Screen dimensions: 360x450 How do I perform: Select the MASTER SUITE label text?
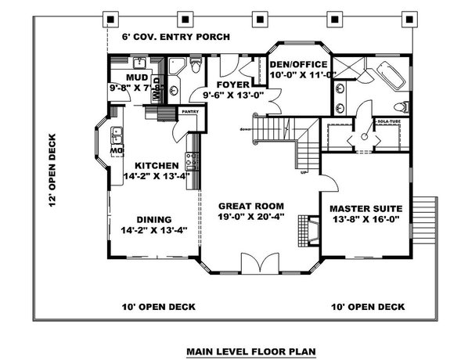365,208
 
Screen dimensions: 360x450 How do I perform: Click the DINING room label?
155,220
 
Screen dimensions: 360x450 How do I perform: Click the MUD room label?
137,78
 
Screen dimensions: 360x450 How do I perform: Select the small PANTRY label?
190,112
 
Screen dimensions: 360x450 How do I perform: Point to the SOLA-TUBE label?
389,122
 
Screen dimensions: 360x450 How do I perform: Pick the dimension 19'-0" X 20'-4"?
252,215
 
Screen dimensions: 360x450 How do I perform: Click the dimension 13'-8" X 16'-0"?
365,221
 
